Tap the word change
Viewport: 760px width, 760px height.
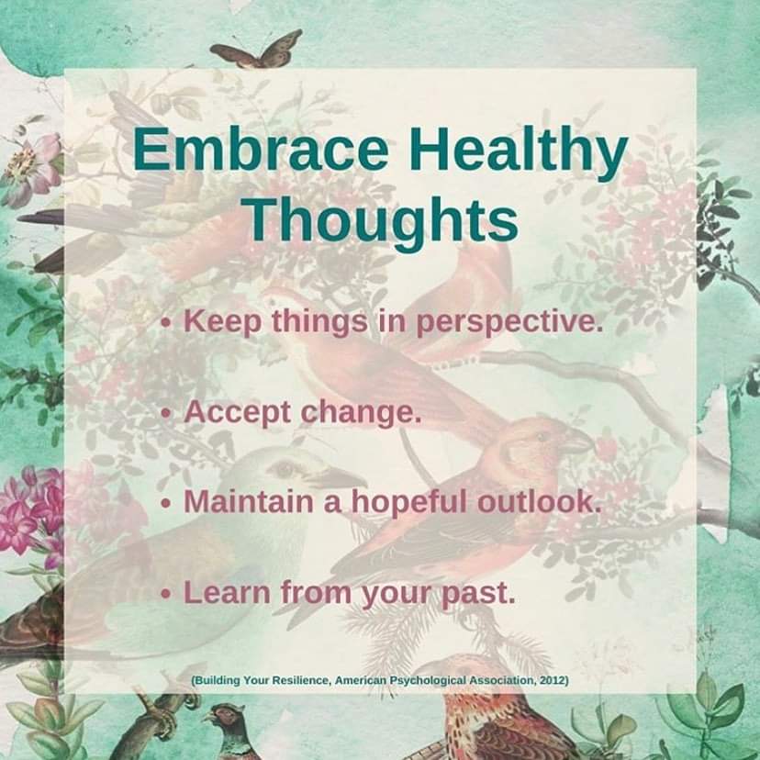pos(361,413)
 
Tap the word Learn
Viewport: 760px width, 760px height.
pos(227,592)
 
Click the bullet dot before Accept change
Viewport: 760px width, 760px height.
pos(167,413)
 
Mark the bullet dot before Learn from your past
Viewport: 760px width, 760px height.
pos(167,593)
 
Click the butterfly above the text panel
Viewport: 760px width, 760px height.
pos(257,50)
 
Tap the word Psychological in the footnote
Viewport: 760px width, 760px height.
pos(428,680)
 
